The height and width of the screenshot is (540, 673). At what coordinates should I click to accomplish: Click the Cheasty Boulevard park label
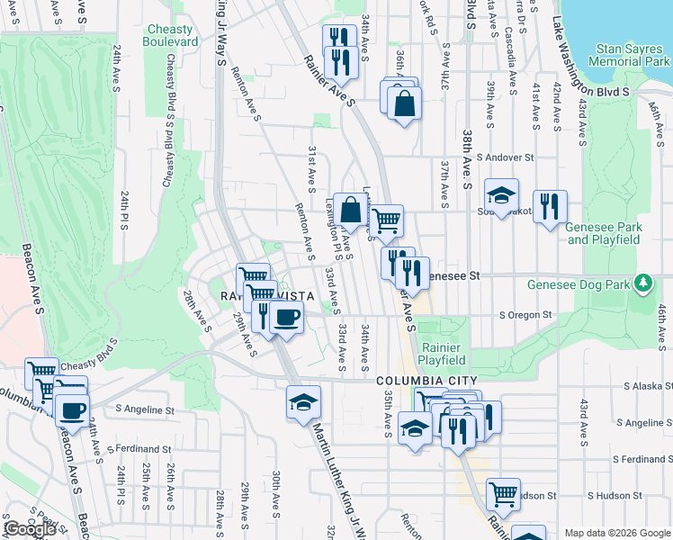[x=171, y=35]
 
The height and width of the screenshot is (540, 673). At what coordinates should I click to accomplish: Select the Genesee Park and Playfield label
[x=603, y=233]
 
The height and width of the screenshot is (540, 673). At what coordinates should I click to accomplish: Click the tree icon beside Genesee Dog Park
[x=642, y=284]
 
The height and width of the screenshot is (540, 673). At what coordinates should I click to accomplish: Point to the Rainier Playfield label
[x=440, y=354]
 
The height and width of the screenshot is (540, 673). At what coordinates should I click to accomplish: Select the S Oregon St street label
[x=525, y=315]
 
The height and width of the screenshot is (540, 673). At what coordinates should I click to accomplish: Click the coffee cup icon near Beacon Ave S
[x=72, y=410]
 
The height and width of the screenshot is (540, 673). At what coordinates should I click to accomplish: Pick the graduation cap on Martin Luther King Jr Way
[x=304, y=401]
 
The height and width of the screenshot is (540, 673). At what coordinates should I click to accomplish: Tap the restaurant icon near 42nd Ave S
[x=549, y=206]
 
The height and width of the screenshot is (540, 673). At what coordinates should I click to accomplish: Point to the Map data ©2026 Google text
[x=617, y=533]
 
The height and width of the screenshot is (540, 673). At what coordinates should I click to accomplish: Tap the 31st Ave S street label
[x=310, y=168]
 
